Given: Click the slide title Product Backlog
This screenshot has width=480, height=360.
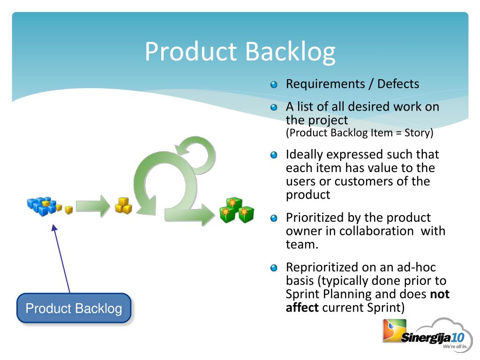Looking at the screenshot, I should click(x=240, y=51).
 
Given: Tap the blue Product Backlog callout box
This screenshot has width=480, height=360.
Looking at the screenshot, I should click(x=74, y=308).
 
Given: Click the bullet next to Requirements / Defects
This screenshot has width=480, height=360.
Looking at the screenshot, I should click(x=274, y=85).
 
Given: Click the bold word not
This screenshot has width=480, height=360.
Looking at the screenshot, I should click(x=439, y=294).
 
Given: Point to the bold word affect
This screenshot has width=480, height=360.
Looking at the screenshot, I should click(x=302, y=307).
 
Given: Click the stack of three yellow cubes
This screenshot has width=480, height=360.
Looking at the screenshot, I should click(x=123, y=205).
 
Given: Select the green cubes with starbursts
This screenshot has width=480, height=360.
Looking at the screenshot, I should click(x=237, y=210).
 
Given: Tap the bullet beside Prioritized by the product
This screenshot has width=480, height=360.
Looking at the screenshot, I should click(x=274, y=218).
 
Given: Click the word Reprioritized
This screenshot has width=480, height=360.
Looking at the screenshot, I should click(x=322, y=268).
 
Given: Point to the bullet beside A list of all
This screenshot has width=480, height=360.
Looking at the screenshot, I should click(x=274, y=107).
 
